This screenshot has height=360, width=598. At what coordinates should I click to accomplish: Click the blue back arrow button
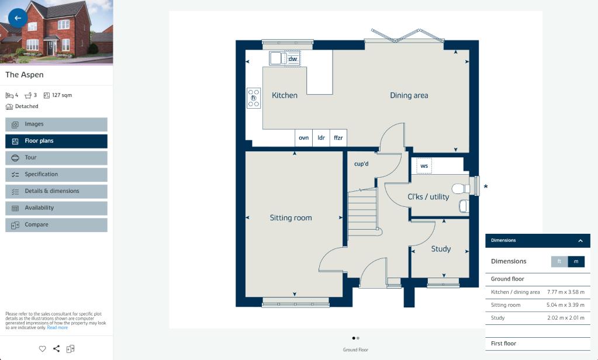pyautogui.click(x=18, y=18)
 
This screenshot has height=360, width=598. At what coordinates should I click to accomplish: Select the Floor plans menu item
pyautogui.click(x=57, y=141)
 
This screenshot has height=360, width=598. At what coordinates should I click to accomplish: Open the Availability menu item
pyautogui.click(x=57, y=208)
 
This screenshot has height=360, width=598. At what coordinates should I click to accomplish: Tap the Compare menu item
pyautogui.click(x=57, y=225)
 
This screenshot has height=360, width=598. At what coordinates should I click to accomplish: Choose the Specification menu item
pyautogui.click(x=57, y=175)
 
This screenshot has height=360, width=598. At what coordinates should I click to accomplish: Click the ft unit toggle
pyautogui.click(x=559, y=262)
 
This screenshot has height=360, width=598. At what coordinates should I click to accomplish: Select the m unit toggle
pyautogui.click(x=576, y=262)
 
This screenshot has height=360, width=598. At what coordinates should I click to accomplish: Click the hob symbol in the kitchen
pyautogui.click(x=254, y=98)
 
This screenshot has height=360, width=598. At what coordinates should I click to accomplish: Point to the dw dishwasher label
pyautogui.click(x=292, y=58)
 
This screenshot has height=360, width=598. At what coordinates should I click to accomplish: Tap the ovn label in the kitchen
pyautogui.click(x=303, y=138)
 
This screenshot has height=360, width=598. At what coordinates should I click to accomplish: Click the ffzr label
pyautogui.click(x=338, y=138)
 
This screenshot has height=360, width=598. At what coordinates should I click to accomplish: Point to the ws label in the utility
pyautogui.click(x=424, y=166)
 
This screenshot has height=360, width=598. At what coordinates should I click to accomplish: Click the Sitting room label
pyautogui.click(x=291, y=218)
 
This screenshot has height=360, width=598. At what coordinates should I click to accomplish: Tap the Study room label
pyautogui.click(x=441, y=249)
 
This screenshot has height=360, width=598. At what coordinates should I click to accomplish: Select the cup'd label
pyautogui.click(x=361, y=164)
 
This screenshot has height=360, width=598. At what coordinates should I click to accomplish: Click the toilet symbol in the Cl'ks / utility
pyautogui.click(x=461, y=188)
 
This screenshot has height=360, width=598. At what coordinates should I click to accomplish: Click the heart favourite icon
pyautogui.click(x=42, y=348)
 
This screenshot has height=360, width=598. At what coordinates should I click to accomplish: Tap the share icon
pyautogui.click(x=57, y=348)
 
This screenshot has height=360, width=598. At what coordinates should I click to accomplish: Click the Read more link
pyautogui.click(x=57, y=328)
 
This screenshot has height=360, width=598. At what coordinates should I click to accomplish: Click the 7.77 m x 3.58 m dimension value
pyautogui.click(x=566, y=292)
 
